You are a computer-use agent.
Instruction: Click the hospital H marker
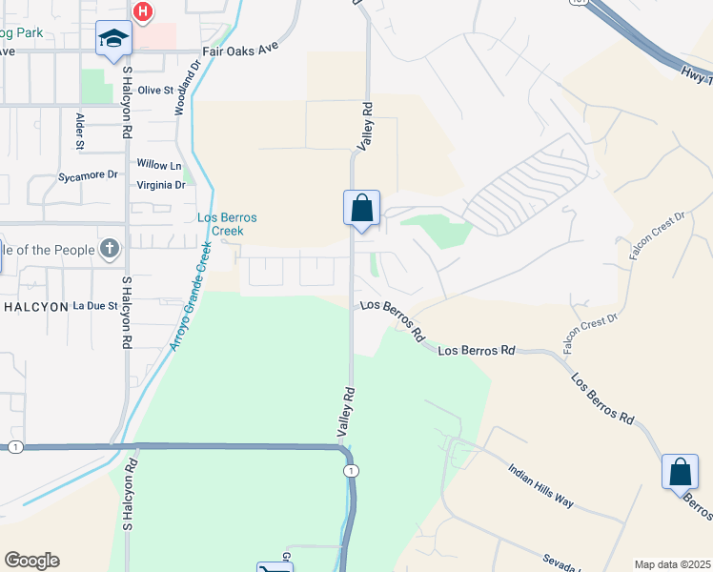[142, 11]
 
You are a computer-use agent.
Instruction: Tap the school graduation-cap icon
[113, 39]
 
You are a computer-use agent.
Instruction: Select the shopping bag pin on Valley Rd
[361, 208]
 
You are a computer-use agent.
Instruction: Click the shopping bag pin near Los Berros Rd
[679, 472]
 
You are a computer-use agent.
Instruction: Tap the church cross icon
[111, 250]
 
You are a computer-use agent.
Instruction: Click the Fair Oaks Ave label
[239, 52]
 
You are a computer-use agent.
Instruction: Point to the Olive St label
[156, 90]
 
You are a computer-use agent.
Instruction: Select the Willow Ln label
[158, 166]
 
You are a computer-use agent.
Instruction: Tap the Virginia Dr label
[161, 185]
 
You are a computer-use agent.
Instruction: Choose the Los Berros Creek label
[221, 224]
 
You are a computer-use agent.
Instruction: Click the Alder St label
[80, 130]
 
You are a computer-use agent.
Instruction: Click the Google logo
[31, 561]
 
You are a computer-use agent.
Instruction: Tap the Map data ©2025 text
[671, 564]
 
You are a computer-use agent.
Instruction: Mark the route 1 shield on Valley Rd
[352, 472]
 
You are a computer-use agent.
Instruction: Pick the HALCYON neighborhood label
[36, 306]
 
